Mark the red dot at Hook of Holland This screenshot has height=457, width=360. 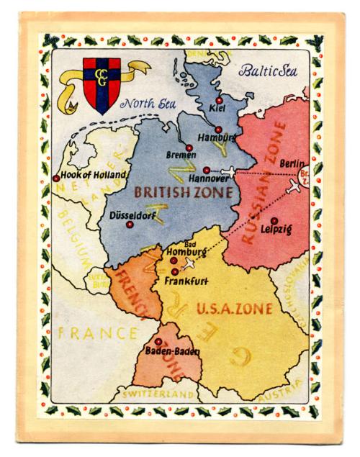pyautogui.click(x=56, y=178)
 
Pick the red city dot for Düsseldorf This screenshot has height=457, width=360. pyautogui.click(x=130, y=225)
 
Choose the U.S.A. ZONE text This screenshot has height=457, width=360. pyautogui.click(x=233, y=309)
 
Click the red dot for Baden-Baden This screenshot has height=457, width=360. pyautogui.click(x=158, y=341)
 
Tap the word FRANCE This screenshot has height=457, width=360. pyautogui.click(x=97, y=333)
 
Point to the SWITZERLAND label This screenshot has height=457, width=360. pyautogui.click(x=158, y=395)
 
